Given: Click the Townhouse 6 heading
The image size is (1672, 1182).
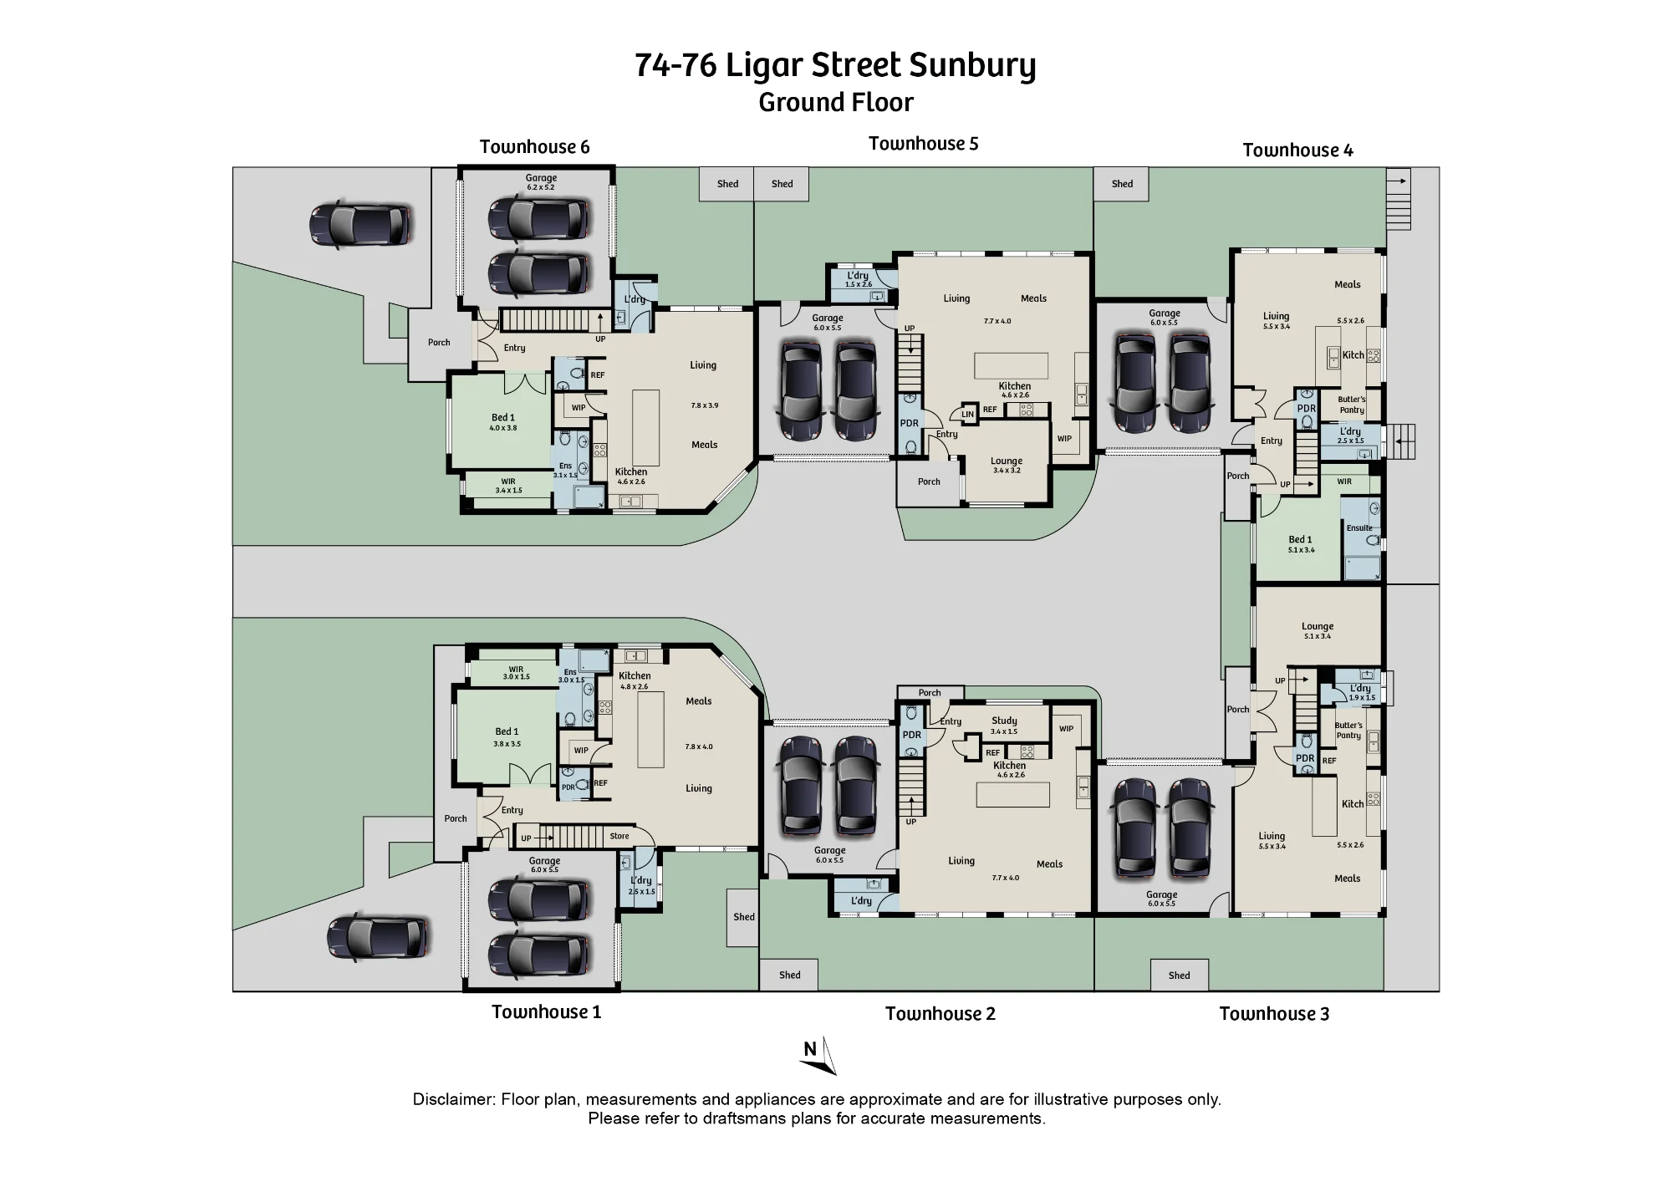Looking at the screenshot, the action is click(534, 147).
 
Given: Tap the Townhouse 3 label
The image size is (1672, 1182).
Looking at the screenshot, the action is click(1274, 1014).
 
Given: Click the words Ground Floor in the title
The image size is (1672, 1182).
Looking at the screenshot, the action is click(836, 103).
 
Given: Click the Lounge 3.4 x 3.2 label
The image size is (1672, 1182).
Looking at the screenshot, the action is click(1007, 465).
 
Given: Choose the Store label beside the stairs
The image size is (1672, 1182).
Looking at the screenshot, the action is click(619, 836).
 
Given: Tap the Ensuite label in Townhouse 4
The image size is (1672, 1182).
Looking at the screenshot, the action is click(1359, 527).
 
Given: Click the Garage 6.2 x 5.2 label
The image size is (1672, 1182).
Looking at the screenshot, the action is click(541, 181).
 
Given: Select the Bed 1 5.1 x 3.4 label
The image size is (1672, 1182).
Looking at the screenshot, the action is click(1301, 544).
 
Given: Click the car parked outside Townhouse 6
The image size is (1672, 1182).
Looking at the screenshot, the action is click(361, 224).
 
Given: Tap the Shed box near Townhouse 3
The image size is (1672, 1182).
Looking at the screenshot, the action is click(1179, 975).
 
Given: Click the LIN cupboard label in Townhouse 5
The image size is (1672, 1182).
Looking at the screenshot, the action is click(967, 414).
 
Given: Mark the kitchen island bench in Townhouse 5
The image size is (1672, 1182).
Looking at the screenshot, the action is click(1011, 366).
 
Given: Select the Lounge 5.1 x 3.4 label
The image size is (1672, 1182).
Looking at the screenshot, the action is click(1318, 630).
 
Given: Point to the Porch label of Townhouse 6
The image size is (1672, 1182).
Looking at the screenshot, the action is click(439, 343).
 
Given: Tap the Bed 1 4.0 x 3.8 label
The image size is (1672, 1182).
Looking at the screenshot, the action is click(503, 422).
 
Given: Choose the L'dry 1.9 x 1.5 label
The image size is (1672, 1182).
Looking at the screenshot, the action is click(1360, 692).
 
